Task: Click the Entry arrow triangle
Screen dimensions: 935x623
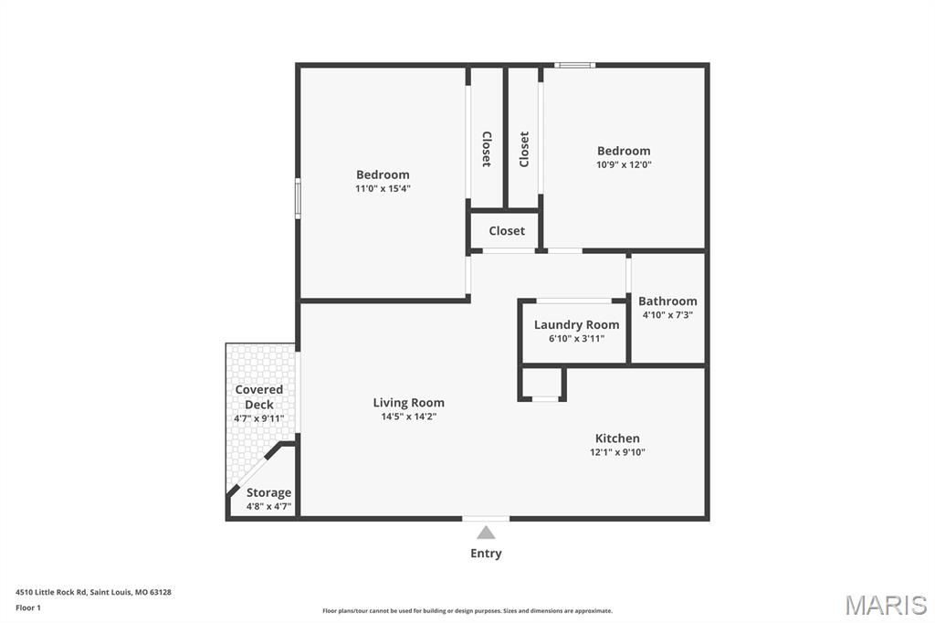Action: click(x=486, y=533)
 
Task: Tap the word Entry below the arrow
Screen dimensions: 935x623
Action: click(x=486, y=554)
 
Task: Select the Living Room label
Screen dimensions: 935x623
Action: click(x=408, y=403)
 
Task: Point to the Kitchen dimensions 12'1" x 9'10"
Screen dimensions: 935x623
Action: click(x=617, y=452)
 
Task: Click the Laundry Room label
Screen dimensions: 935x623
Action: click(x=576, y=324)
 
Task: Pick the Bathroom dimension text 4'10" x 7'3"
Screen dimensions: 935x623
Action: click(x=667, y=315)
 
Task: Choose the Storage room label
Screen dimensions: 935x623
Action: click(x=269, y=493)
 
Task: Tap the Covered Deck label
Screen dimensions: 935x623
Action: click(x=258, y=396)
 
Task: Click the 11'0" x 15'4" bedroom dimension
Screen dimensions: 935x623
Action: click(x=383, y=188)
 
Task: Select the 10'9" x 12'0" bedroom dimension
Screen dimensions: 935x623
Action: click(x=624, y=164)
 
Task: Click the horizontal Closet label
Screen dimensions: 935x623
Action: click(x=507, y=231)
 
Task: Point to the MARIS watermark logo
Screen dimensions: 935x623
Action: click(x=886, y=605)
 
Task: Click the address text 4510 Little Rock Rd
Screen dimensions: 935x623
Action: click(x=51, y=592)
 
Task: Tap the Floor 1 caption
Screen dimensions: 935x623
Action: click(x=28, y=607)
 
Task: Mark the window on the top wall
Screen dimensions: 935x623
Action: click(x=574, y=65)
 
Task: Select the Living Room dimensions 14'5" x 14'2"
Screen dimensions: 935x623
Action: click(x=408, y=417)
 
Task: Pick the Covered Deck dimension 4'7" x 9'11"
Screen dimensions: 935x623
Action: click(x=258, y=418)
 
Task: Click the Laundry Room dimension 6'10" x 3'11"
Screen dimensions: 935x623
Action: click(x=577, y=338)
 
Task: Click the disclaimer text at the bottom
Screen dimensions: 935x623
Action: click(x=467, y=610)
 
